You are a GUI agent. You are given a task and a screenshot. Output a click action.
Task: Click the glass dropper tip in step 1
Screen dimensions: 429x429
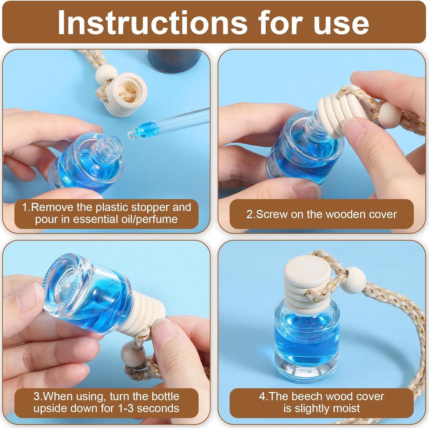click(x=132, y=132)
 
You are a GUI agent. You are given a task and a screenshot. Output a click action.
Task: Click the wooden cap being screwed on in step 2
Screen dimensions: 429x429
click(x=336, y=114)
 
